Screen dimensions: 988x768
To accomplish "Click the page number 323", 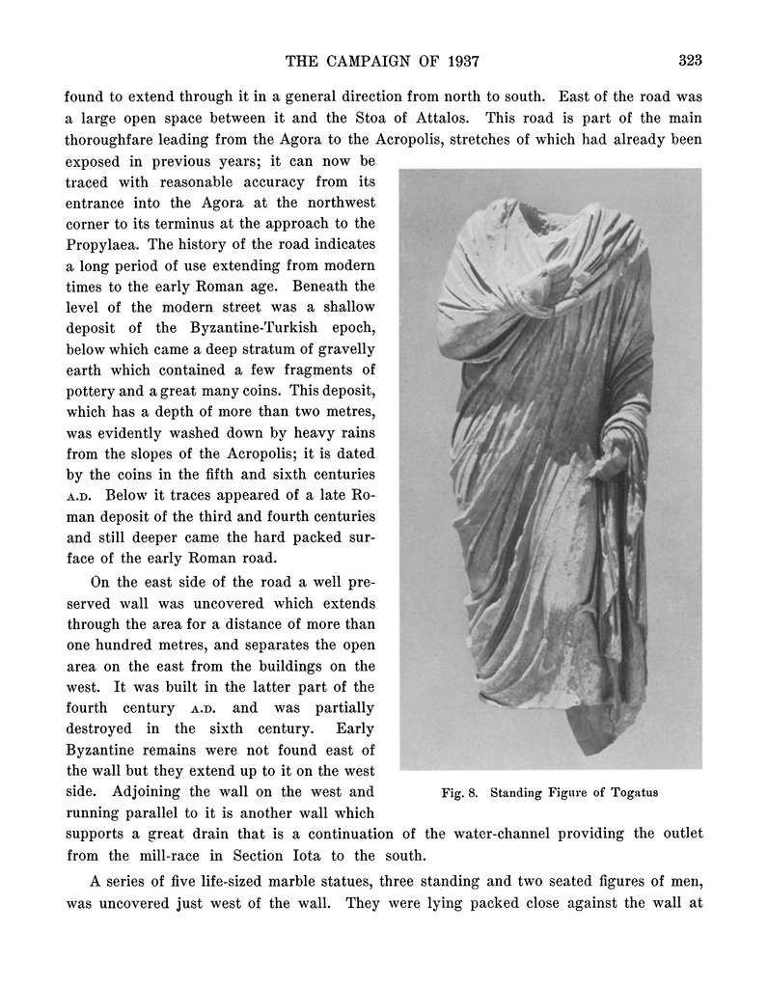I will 689,61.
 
